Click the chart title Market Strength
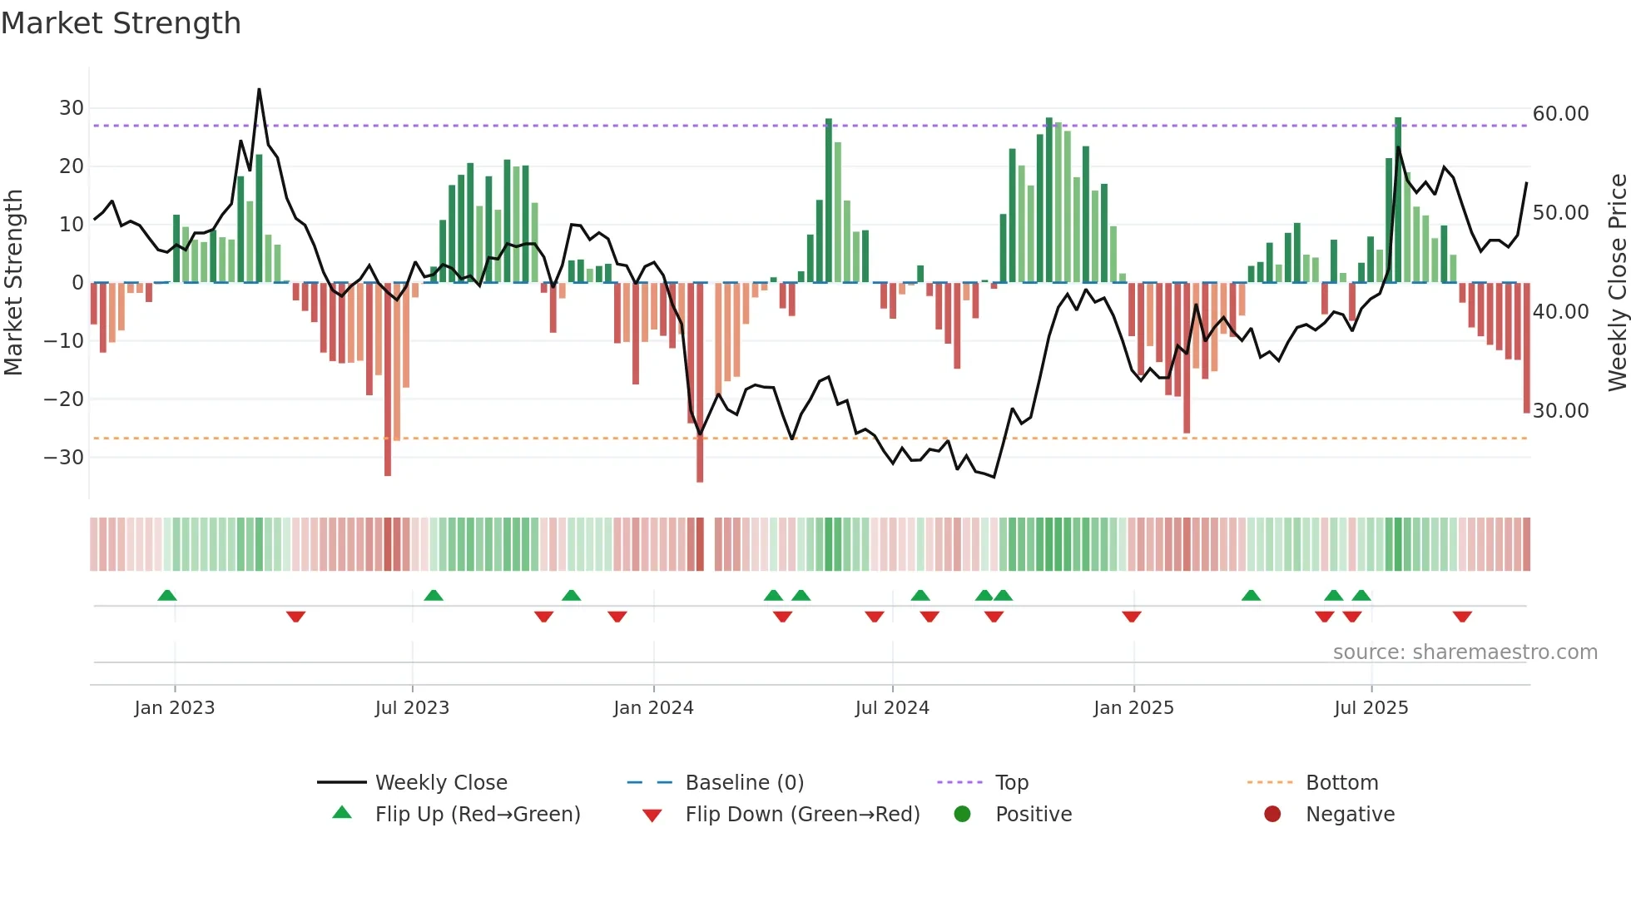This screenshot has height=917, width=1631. [x=121, y=23]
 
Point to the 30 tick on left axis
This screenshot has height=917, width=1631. [x=72, y=108]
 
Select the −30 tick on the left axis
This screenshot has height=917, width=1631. [x=65, y=458]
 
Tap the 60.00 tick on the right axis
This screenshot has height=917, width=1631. [x=1560, y=114]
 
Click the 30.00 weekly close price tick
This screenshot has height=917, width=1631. [x=1560, y=411]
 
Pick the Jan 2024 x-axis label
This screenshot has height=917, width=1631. [x=653, y=708]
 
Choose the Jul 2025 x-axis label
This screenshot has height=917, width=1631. [x=1371, y=708]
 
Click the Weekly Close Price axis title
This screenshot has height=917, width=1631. [x=1617, y=283]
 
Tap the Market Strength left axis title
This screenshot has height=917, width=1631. [x=13, y=283]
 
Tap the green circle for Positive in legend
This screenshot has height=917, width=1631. [x=963, y=815]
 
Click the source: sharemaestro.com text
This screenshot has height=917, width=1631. [x=1465, y=652]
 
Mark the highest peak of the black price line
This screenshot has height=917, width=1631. [x=259, y=89]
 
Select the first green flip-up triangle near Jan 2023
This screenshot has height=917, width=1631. [x=167, y=595]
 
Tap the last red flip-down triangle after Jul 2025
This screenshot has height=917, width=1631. [x=1462, y=617]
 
